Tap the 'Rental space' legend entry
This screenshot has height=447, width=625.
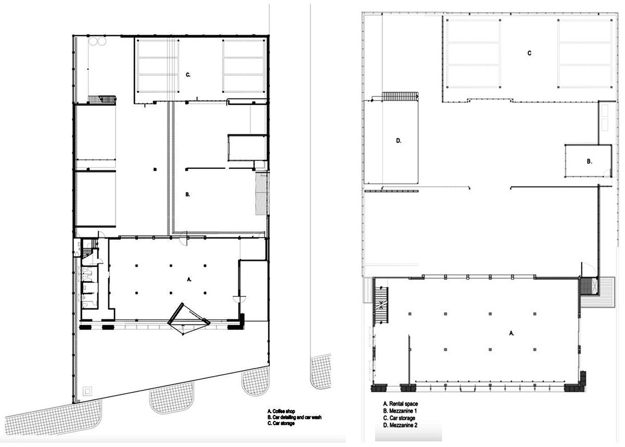click(x=401, y=404)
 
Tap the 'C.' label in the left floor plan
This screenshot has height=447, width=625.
click(x=189, y=75)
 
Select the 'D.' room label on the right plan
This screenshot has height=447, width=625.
click(x=398, y=141)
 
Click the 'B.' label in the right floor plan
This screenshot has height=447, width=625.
click(x=589, y=162)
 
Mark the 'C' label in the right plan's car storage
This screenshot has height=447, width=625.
click(x=529, y=53)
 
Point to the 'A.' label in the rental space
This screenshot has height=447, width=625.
click(x=511, y=332)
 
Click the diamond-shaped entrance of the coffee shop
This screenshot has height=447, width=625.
click(x=188, y=319)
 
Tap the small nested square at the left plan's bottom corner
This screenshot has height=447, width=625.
click(x=87, y=389)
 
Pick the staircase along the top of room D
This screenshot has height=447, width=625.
click(x=400, y=96)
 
